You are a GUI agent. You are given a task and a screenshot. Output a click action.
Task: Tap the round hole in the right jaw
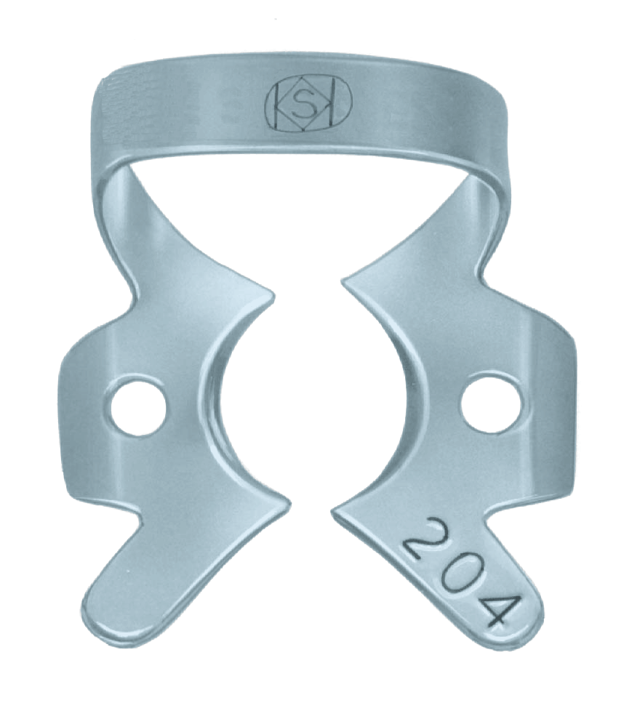pyautogui.click(x=492, y=402)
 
